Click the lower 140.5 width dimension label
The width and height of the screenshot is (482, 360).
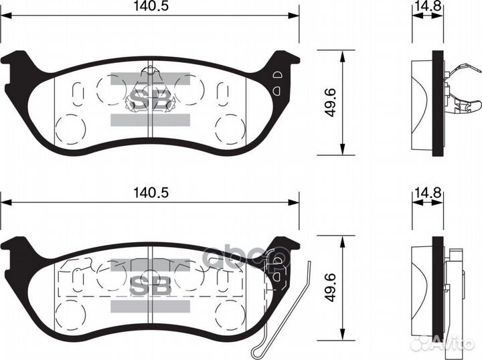(149, 191)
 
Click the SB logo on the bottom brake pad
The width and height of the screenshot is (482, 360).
(150, 285)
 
